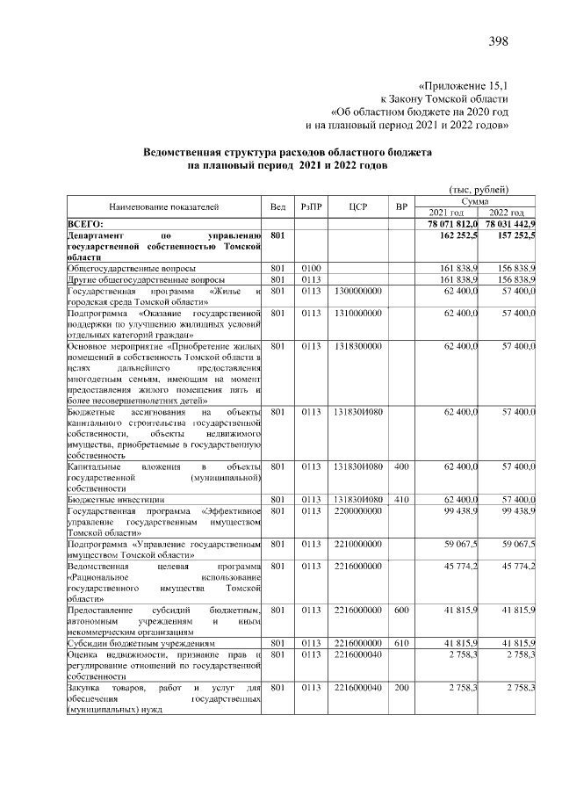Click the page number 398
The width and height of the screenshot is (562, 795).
coord(498,41)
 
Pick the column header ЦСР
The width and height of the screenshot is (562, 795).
coord(357,207)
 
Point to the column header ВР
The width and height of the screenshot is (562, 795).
coord(402,207)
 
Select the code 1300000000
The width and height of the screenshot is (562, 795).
coord(357,290)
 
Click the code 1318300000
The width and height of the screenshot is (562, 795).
coord(357,346)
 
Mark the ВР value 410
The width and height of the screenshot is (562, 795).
coord(402,498)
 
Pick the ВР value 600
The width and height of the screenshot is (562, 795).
coord(402,610)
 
